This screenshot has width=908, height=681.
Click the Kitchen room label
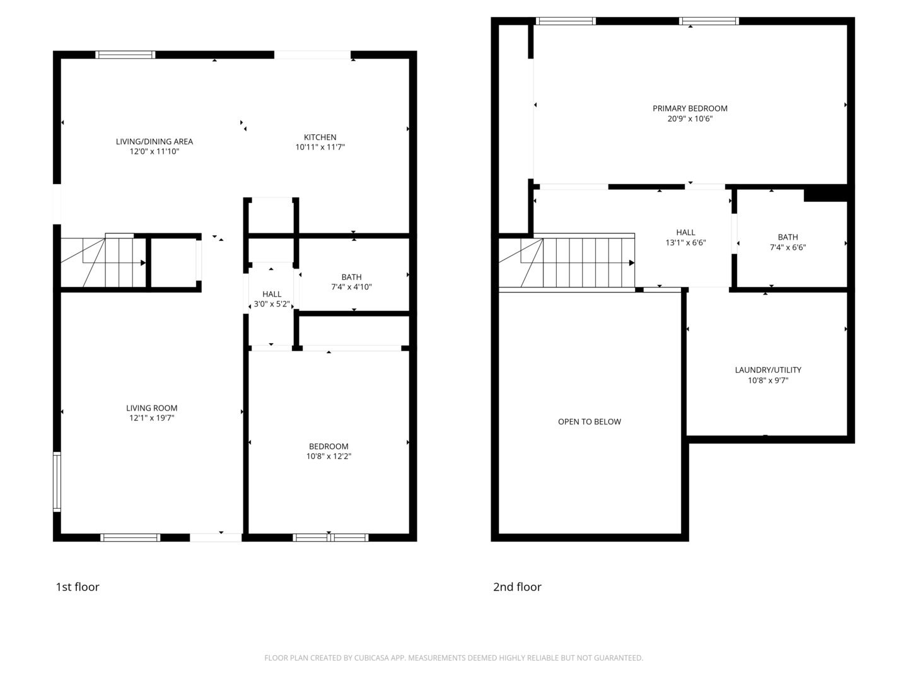coord(320,137)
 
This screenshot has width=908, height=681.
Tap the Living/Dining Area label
coord(154,141)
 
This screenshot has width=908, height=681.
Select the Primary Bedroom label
coord(690,108)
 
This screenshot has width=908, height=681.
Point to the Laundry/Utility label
coord(768,370)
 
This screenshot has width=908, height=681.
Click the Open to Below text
coord(589,421)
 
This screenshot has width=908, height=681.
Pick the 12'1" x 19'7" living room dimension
coord(151,417)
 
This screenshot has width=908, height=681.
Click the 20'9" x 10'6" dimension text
coord(690,119)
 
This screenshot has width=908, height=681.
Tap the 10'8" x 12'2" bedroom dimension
coord(329,456)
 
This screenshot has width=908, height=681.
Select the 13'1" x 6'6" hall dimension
coord(685,242)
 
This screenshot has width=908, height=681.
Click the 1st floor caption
coord(78,586)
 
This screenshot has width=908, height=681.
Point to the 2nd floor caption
coord(517,586)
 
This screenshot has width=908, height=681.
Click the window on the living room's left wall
coord(57,482)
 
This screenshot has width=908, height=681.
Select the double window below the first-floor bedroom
coord(330,537)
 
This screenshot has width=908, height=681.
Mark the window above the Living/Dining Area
coord(125,55)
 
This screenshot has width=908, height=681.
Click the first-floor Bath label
coord(351,277)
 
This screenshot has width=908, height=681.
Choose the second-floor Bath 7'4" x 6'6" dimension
coord(788,247)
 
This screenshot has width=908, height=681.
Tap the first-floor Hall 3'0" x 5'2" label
coord(271,299)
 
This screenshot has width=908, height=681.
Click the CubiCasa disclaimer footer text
coord(454,658)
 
